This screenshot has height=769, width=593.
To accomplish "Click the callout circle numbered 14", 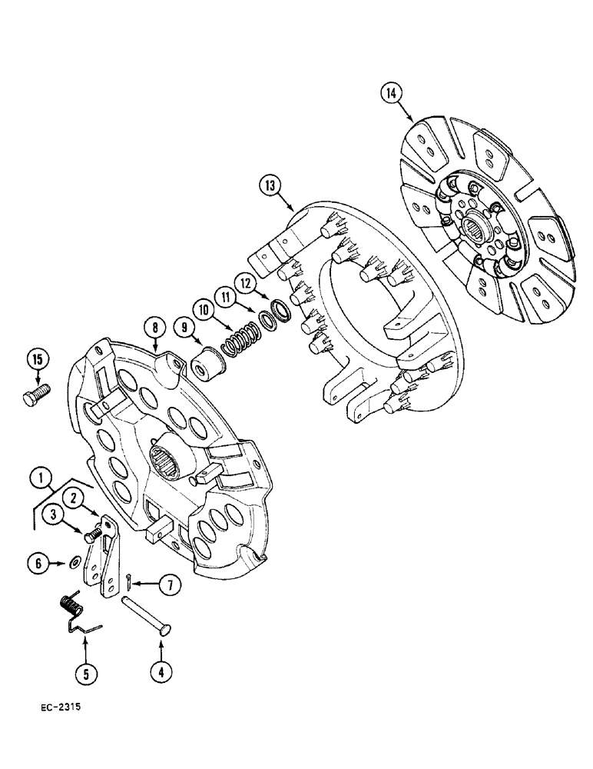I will point(390,95).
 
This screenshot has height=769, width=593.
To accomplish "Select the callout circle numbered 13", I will point(270,185).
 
